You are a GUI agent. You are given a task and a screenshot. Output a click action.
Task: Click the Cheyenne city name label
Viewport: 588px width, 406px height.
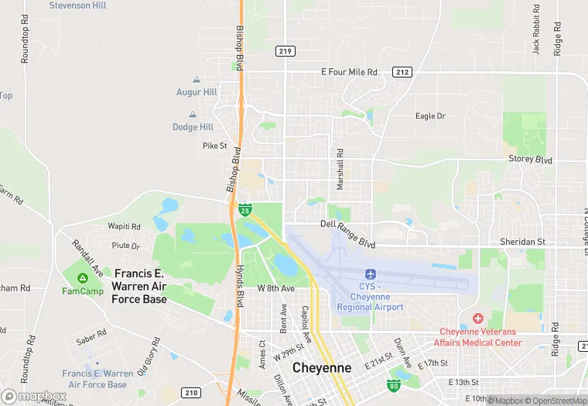[322, 368]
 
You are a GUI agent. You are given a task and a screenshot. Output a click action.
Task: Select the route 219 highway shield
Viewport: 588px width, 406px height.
[284, 50]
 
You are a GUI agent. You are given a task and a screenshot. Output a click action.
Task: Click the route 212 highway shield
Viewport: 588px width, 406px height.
[402, 72]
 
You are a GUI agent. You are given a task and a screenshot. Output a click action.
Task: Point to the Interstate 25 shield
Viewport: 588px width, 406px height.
[244, 210]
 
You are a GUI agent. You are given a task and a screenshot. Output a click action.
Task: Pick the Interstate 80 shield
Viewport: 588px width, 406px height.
[393, 384]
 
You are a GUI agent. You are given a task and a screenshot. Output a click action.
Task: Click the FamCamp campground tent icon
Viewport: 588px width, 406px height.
[81, 277]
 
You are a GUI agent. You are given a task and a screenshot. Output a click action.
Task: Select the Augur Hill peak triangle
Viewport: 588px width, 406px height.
[196, 80]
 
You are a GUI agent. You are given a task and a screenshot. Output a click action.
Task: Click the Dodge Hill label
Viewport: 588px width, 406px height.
[193, 127]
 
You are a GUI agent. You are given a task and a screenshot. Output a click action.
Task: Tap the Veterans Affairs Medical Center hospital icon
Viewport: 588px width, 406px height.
[477, 318]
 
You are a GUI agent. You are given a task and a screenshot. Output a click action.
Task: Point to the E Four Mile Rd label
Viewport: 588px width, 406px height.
[349, 72]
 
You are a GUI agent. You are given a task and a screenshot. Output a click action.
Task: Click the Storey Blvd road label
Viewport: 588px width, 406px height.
[530, 159]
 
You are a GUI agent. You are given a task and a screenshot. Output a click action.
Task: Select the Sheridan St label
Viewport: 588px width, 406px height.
[522, 242]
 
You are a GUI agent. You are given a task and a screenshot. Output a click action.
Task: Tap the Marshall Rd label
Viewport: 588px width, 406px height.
[339, 169]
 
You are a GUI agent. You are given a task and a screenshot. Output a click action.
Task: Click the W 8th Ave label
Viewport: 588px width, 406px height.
[276, 288]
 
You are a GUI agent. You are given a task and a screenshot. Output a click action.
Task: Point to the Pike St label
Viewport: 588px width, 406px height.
[214, 145]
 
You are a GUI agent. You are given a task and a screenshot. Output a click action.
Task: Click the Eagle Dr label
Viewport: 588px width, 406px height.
[430, 116]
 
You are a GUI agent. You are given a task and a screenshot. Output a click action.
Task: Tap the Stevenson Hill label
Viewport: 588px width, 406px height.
[77, 5]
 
